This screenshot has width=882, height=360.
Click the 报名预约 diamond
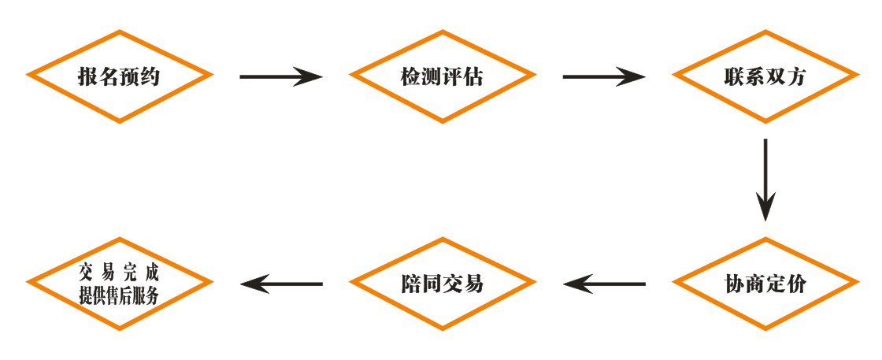click(x=120, y=76)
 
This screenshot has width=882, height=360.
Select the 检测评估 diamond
click(x=442, y=76)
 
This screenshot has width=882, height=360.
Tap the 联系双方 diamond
click(x=765, y=76)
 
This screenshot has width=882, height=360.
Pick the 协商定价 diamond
click(x=765, y=284)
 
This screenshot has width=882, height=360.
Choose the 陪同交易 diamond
click(x=442, y=284)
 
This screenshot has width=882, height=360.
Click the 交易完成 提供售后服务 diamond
click(x=120, y=284)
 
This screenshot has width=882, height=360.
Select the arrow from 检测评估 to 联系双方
click(x=604, y=76)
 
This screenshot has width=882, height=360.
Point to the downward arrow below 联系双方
click(x=765, y=180)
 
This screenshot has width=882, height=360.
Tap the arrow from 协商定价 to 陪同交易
click(x=604, y=284)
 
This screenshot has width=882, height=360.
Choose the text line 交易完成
click(x=120, y=273)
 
